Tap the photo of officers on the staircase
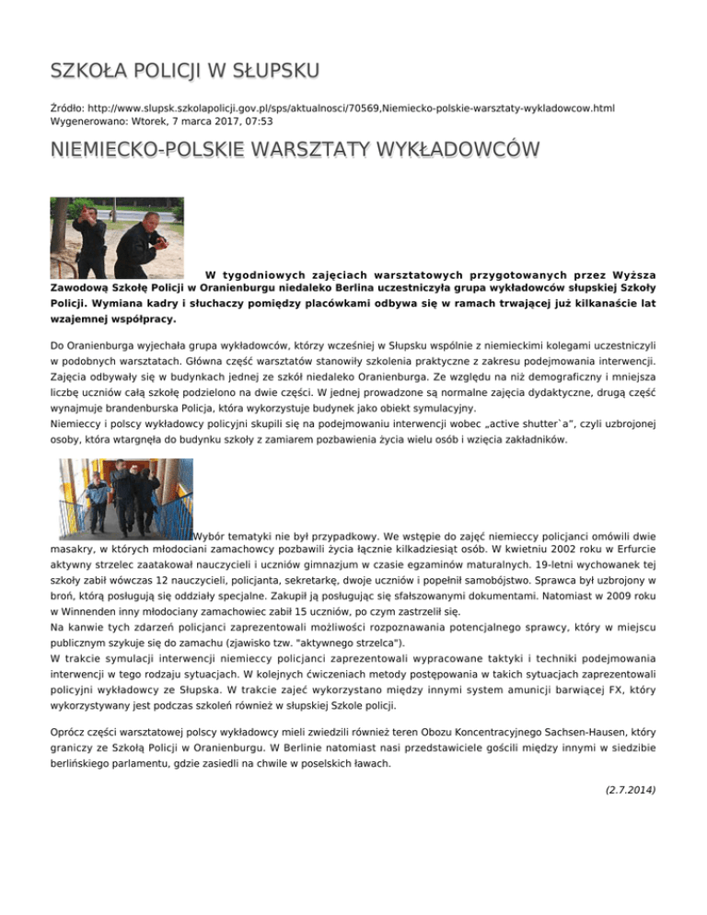125,498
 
